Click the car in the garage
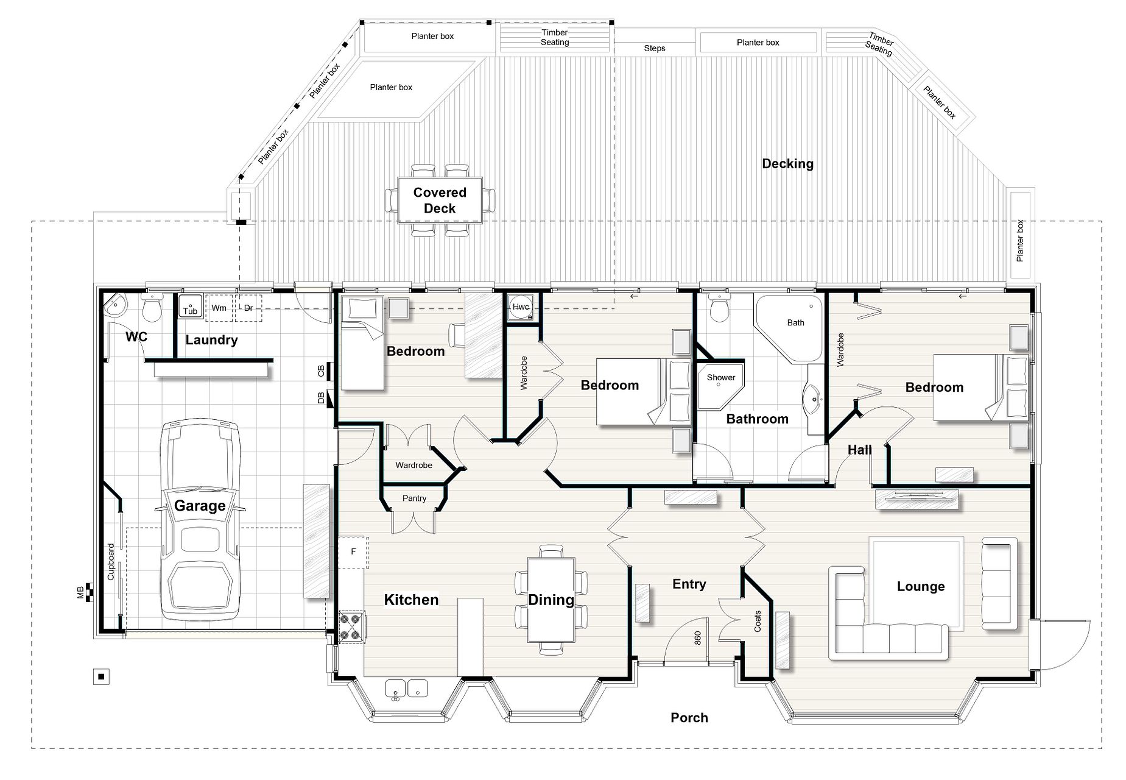[x=200, y=520]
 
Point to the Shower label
[x=721, y=377]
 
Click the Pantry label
[x=414, y=498]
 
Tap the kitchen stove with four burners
[x=352, y=627]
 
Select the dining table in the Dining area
[x=551, y=600]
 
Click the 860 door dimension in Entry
[x=697, y=638]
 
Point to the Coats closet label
[x=758, y=622]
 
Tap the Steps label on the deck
[x=655, y=48]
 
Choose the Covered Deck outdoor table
[x=440, y=200]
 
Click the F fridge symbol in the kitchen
[x=353, y=552]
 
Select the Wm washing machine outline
[x=219, y=308]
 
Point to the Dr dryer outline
[x=248, y=308]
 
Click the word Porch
[x=689, y=718]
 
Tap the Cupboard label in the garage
[x=111, y=562]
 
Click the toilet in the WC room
[x=151, y=308]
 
